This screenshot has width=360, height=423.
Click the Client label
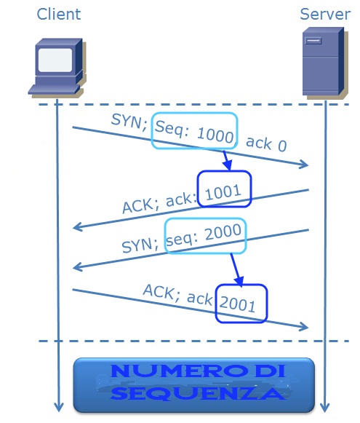click(59, 15)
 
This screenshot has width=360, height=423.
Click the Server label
click(325, 15)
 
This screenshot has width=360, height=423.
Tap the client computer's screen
click(55, 60)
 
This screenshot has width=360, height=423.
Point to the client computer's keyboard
click(55, 90)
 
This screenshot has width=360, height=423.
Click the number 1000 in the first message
click(215, 135)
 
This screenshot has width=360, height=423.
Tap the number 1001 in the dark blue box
click(223, 192)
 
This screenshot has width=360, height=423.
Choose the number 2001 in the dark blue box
click(237, 304)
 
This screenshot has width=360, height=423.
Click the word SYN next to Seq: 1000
click(129, 122)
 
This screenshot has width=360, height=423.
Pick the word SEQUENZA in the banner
click(198, 393)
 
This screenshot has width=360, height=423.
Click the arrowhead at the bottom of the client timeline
click(59, 408)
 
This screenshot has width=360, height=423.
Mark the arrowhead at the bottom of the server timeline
click(325, 408)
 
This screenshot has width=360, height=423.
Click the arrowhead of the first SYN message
click(305, 164)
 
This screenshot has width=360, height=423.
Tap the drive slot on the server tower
click(313, 41)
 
